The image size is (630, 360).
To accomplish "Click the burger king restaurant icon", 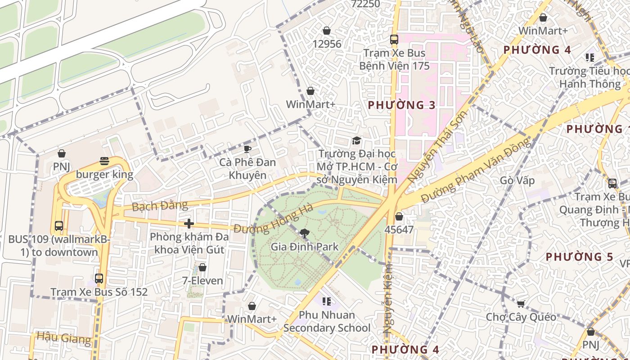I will point(104,161).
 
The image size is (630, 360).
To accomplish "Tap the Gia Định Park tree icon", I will point(305,233).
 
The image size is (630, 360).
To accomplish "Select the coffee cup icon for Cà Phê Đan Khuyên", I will point(247,149).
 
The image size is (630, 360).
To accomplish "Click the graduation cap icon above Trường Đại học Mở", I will point(356,140).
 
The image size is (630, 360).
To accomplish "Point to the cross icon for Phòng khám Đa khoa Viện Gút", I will point(189,223).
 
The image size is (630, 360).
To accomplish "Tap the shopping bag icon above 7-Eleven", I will point(202,267).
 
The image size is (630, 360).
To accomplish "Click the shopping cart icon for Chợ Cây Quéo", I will point(521,304).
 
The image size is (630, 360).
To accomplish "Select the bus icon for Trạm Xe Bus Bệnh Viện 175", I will point(394,40).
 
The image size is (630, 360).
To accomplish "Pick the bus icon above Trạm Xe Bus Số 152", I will point(99,279).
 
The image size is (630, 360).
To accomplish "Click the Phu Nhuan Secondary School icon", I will point(327,301).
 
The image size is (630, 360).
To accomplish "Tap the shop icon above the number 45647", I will point(399,216).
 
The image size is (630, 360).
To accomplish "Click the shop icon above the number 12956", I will point(327,31).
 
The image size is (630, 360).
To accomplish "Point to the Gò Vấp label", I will point(517,181).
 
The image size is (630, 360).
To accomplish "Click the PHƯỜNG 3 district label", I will point(402,105).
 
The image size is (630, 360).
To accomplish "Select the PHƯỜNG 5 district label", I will point(580,257).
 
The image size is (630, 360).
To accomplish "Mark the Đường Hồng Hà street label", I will point(273,220).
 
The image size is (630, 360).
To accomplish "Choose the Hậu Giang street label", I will point(64,337).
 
